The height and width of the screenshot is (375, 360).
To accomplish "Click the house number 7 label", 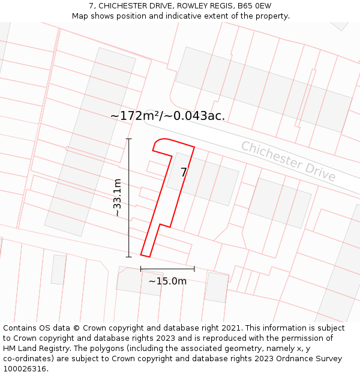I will (184, 173).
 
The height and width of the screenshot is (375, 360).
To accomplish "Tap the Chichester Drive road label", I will (288, 161).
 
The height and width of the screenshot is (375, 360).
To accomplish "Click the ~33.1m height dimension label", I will (118, 198).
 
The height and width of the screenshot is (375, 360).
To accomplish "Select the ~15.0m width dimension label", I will (167, 281).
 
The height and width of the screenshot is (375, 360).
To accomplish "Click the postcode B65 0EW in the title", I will (254, 6).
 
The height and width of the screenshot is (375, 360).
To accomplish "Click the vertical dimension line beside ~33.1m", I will (128, 198).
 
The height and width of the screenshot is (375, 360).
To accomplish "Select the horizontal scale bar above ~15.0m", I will (167, 268).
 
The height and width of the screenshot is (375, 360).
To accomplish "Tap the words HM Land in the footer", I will (28, 349).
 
